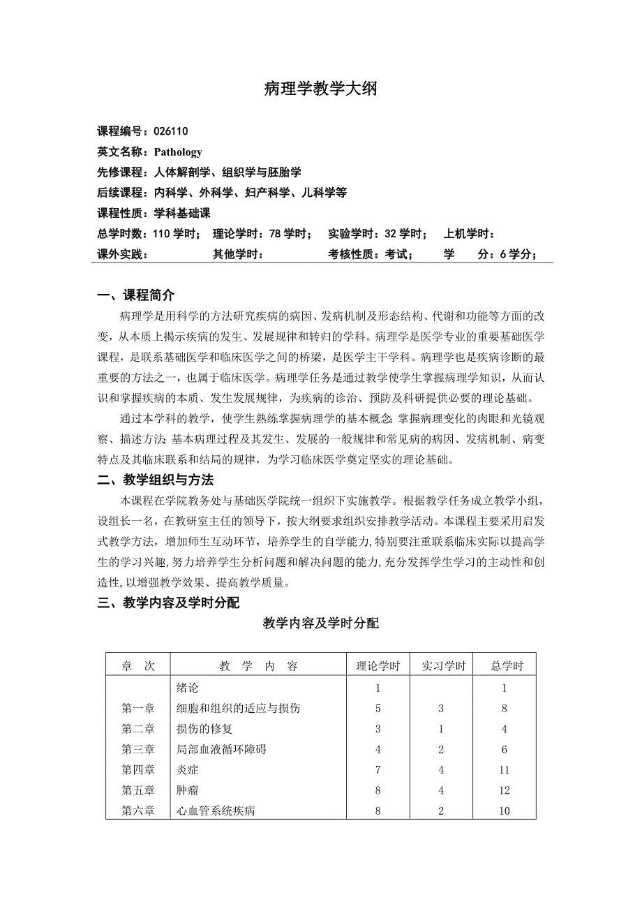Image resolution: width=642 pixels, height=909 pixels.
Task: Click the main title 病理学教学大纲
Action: click(x=320, y=89)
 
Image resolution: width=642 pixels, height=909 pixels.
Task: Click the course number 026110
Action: click(x=171, y=131)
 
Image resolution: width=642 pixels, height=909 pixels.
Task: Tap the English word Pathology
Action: click(x=178, y=151)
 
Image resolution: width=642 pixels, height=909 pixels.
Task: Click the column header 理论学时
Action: click(x=378, y=666)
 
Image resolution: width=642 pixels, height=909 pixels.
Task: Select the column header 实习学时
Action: click(x=442, y=666)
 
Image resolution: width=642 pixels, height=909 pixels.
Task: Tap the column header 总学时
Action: click(x=507, y=666)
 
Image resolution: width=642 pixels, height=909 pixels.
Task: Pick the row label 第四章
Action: click(x=137, y=770)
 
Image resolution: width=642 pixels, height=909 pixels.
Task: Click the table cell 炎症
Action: click(x=188, y=770)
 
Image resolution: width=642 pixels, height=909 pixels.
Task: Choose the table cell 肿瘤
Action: click(x=188, y=790)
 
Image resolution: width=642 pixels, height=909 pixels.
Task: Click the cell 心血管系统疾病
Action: click(x=216, y=811)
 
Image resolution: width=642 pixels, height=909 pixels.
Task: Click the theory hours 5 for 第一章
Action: click(x=378, y=709)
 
